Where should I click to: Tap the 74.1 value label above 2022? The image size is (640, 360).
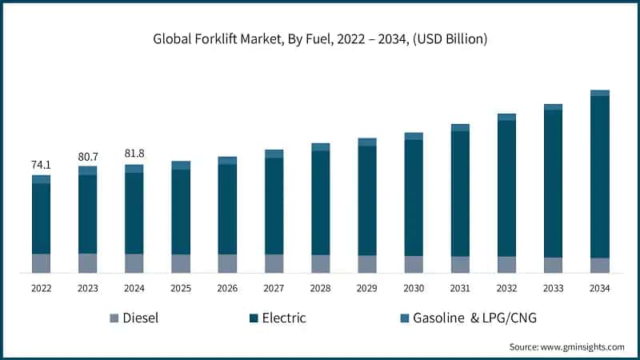(41, 165)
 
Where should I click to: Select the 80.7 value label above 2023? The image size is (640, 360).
(87, 156)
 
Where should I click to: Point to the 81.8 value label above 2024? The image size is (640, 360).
(134, 154)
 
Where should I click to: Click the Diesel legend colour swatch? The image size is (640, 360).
(114, 318)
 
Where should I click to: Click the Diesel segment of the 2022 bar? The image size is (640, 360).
(41, 263)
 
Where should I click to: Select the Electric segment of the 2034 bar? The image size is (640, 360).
(599, 176)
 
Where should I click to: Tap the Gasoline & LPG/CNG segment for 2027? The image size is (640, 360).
(274, 154)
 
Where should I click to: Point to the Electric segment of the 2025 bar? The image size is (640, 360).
(181, 211)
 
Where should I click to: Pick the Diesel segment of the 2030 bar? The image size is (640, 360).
(414, 265)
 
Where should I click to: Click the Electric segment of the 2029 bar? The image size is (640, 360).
(367, 200)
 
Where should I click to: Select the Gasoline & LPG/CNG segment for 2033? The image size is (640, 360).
(553, 107)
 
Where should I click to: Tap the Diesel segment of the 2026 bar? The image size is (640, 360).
(227, 264)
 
